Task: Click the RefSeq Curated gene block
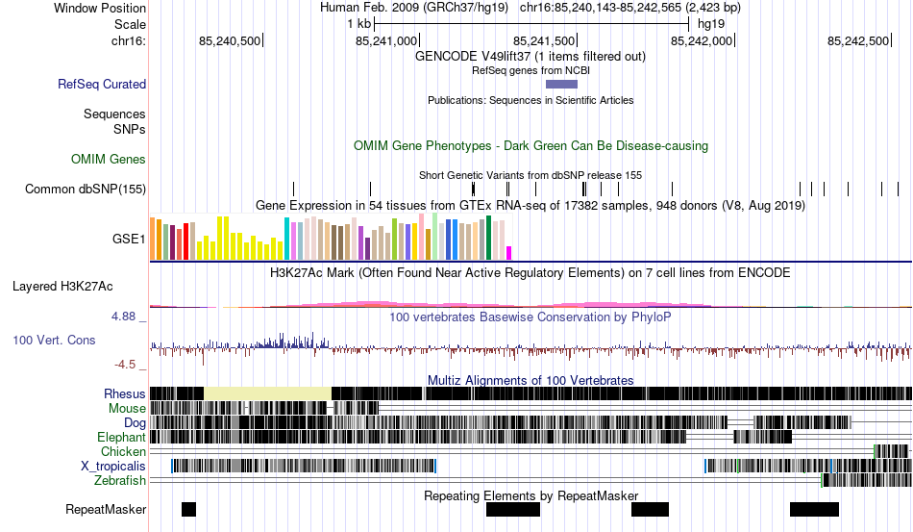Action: click(x=555, y=85)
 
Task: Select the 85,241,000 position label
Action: click(x=386, y=41)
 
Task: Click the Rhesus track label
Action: click(x=125, y=393)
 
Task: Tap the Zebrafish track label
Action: click(x=120, y=480)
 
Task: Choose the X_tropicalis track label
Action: click(x=113, y=466)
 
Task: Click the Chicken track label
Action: click(x=123, y=451)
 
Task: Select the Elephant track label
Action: click(x=120, y=437)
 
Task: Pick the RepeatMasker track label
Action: click(x=106, y=509)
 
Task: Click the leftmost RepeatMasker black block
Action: click(x=188, y=509)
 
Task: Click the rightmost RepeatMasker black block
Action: click(x=814, y=509)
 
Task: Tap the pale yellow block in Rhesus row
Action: click(x=267, y=393)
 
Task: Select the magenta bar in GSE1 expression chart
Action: click(x=509, y=253)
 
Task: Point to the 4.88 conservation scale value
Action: click(x=128, y=316)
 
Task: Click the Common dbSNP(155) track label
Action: click(x=85, y=190)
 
